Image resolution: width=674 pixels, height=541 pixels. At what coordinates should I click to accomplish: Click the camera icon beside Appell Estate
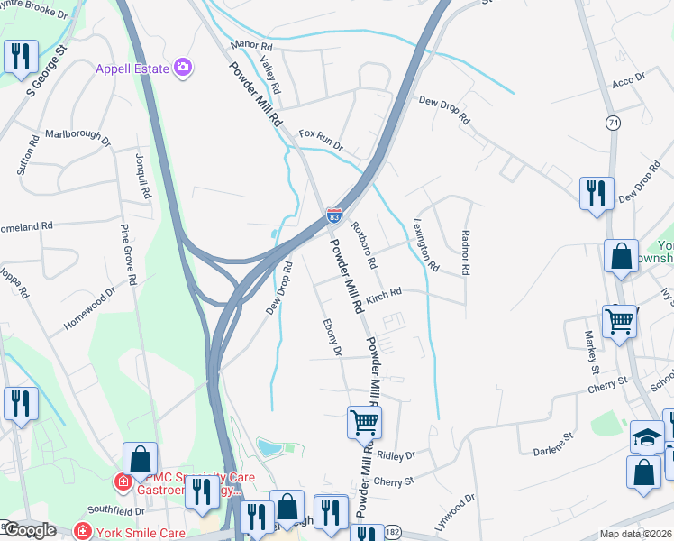pyautogui.click(x=184, y=67)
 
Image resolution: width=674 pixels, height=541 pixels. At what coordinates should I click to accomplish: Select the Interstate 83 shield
pyautogui.click(x=333, y=215)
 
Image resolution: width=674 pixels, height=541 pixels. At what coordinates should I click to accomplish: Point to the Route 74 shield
pyautogui.click(x=613, y=123)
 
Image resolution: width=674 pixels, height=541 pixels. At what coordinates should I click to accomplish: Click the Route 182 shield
pyautogui.click(x=394, y=532)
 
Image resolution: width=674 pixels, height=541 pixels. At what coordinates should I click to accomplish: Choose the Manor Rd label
pyautogui.click(x=250, y=44)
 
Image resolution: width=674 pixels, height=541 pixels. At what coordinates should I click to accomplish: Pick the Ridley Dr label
pyautogui.click(x=396, y=455)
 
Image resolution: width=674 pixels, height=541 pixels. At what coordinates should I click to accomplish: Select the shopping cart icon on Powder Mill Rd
pyautogui.click(x=364, y=421)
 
